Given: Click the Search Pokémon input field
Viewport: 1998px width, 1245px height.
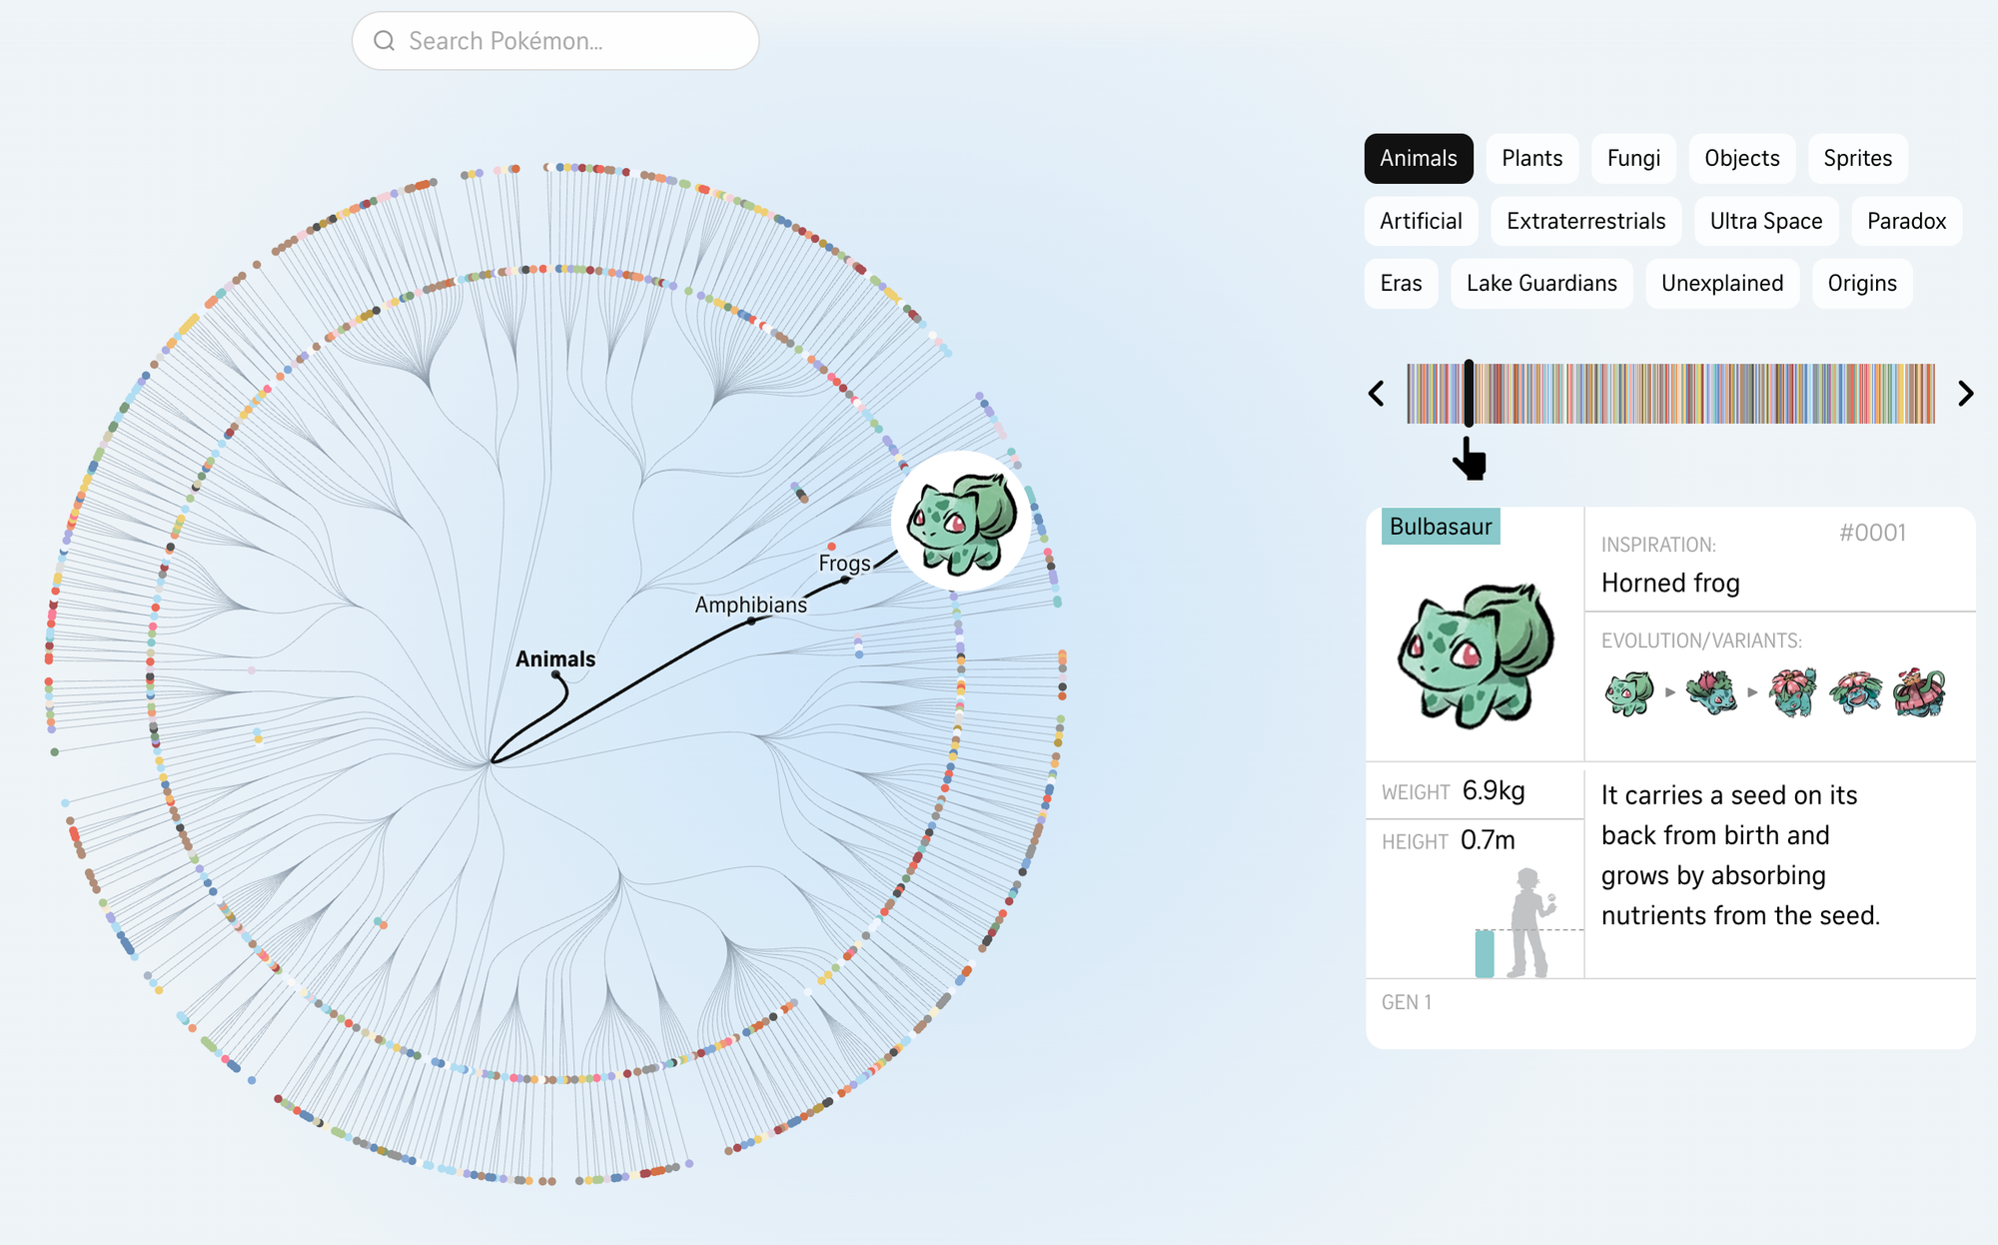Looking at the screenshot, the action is click(555, 41).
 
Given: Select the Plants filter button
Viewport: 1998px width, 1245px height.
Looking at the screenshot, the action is click(1531, 158).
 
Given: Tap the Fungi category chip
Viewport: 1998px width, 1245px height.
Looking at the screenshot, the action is click(1633, 158).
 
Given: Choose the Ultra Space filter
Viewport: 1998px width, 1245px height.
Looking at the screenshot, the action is click(1766, 221).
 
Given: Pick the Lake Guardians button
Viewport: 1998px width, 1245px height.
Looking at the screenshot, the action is click(1541, 283).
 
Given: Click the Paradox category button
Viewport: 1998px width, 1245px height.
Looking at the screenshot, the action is click(1906, 221).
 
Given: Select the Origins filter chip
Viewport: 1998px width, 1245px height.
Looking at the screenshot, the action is click(1862, 283).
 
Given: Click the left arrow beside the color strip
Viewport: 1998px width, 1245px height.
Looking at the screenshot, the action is click(1377, 394).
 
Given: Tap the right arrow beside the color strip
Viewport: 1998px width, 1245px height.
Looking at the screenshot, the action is click(1965, 394).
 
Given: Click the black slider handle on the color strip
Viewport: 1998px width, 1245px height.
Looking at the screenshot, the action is click(1469, 394).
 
